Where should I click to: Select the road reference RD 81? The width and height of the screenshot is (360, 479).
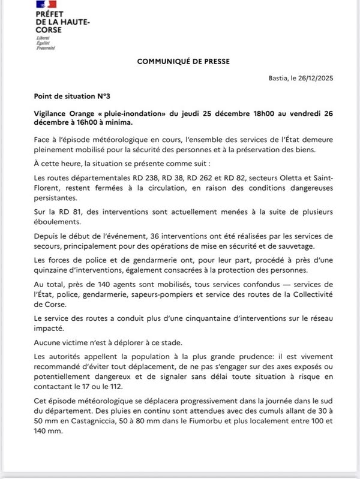(x=59, y=212)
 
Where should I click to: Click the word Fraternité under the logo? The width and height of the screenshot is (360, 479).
(x=46, y=47)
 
